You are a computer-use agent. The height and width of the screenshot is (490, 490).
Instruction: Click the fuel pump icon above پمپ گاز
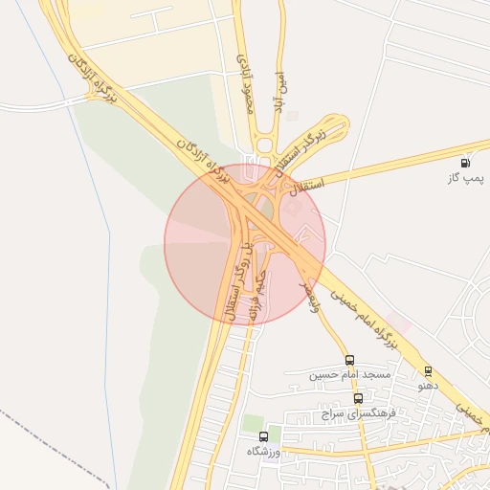[x=465, y=163]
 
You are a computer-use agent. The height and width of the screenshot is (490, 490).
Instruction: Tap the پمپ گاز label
[x=465, y=179]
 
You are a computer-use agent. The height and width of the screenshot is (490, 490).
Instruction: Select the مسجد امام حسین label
[x=349, y=374]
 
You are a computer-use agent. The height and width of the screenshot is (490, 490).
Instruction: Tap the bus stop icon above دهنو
[x=428, y=371]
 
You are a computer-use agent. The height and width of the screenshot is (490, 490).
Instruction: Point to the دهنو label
[x=428, y=387]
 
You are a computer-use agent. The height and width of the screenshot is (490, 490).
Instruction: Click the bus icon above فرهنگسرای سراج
[x=358, y=398]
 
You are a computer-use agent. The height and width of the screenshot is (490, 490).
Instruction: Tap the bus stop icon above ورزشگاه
[x=263, y=435]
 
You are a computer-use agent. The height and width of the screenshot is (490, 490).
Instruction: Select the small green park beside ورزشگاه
[x=254, y=423]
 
